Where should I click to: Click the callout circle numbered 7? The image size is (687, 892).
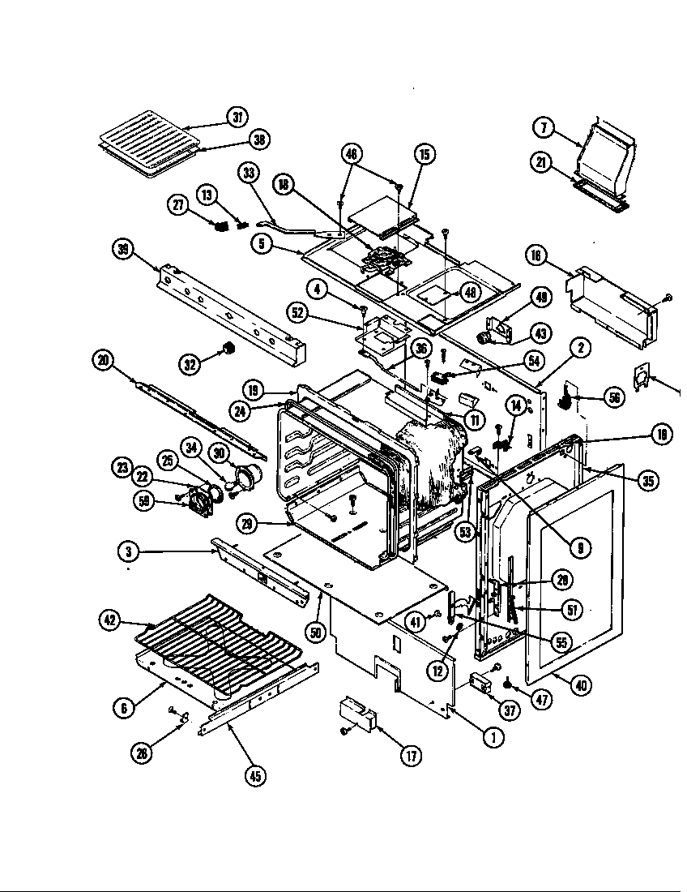544,127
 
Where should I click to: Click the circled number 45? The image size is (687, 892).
257,774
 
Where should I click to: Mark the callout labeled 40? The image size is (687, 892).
579,684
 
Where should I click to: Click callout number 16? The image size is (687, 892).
536,255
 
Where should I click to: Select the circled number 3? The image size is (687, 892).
126,552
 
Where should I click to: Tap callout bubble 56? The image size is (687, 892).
615,397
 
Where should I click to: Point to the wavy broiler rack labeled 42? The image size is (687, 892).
219,641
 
